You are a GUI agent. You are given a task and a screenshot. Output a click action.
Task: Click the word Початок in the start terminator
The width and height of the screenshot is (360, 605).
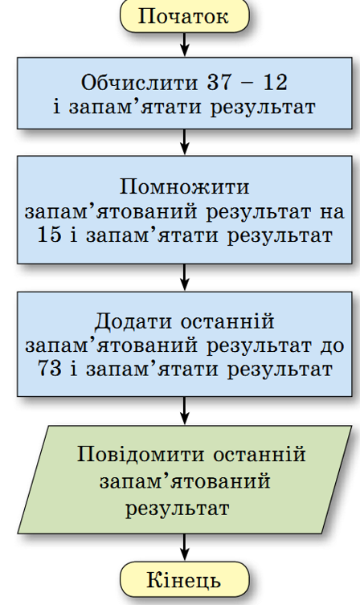(183, 16)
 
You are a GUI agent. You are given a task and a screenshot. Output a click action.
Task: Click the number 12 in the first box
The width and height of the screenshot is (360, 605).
(276, 82)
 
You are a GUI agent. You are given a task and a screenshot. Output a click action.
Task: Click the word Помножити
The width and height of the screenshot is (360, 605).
(185, 187)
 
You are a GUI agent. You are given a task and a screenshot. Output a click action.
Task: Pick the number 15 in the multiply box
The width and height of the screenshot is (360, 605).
(49, 234)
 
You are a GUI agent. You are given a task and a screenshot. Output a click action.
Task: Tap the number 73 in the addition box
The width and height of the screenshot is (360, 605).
(50, 369)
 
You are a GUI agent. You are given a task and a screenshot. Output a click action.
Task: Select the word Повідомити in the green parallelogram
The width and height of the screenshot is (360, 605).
(141, 454)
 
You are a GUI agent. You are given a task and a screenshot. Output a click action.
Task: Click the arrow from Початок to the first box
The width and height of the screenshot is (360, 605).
(185, 45)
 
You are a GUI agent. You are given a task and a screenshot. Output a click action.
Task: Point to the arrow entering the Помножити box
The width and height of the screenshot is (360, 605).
(185, 142)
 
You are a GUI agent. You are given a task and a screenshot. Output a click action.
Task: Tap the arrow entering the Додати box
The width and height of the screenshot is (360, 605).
(185, 277)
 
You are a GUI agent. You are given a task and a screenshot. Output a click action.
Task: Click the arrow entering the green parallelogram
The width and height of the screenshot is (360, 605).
(185, 411)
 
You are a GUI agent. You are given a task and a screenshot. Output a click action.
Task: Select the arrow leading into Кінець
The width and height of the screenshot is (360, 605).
(185, 547)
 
